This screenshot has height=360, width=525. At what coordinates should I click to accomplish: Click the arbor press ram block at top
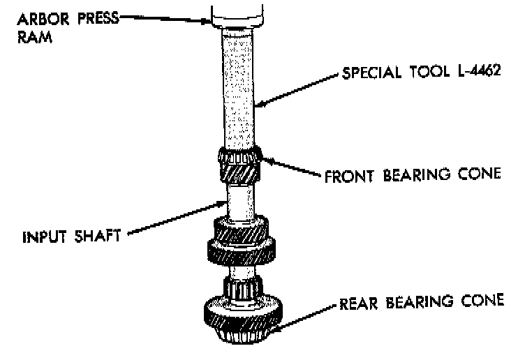238,13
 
